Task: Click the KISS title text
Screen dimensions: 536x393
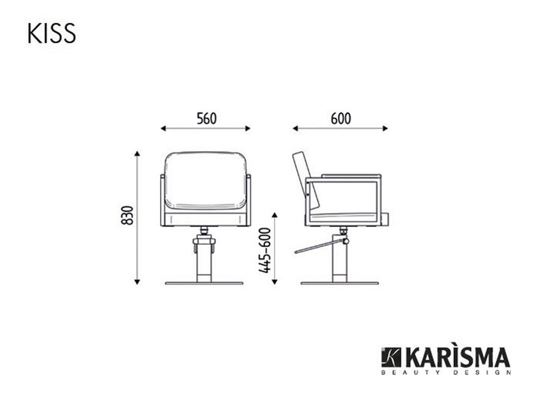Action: pos(51,33)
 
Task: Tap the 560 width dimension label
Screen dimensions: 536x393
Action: pos(206,118)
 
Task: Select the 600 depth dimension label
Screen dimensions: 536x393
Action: pos(341,118)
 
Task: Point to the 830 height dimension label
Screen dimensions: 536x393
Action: pos(127,215)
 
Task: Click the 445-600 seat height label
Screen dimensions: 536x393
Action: pos(264,251)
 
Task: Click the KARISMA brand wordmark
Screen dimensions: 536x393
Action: pos(457,358)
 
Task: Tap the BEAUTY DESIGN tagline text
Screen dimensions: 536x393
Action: pos(446,372)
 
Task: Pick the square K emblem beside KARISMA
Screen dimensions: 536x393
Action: pos(392,357)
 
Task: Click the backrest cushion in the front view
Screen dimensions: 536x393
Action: pos(205,181)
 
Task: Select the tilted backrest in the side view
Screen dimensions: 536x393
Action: pos(306,180)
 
